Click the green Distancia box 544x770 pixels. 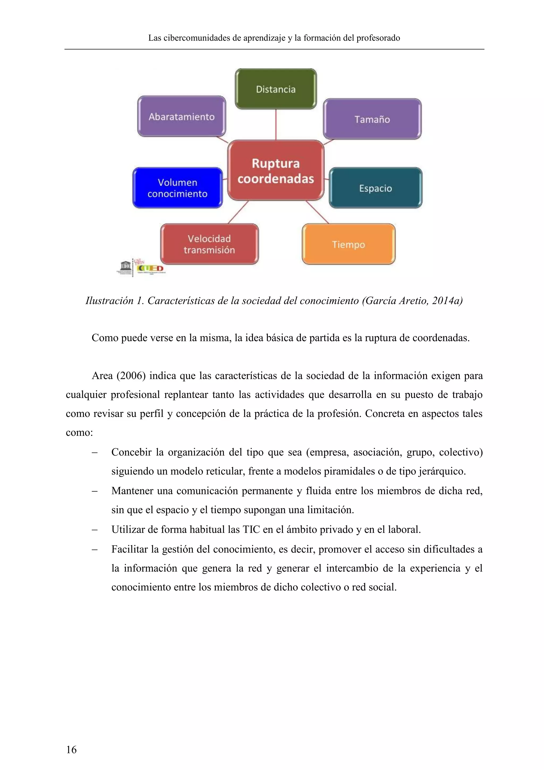click(276, 89)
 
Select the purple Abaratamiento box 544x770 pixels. click(182, 116)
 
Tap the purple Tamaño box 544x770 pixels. click(372, 119)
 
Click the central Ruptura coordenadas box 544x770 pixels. click(276, 170)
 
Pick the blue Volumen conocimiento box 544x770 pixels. click(177, 188)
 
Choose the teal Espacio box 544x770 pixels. click(376, 188)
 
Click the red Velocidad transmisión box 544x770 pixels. click(209, 244)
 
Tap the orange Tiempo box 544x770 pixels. click(348, 244)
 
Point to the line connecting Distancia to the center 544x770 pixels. click(276, 124)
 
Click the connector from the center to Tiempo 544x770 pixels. click(317, 212)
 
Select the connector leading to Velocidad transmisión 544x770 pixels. click(239, 212)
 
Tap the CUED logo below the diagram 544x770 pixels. click(150, 268)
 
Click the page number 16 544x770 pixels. click(71, 749)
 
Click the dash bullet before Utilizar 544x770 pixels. click(95, 530)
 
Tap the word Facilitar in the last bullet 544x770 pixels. click(129, 549)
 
